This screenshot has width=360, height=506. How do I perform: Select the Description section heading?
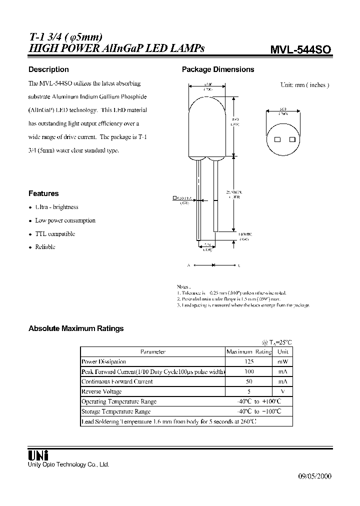(x=48, y=69)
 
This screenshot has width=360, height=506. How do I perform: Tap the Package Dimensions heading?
(x=217, y=69)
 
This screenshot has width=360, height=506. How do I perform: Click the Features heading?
(x=43, y=193)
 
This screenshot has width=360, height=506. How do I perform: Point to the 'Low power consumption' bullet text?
(x=65, y=220)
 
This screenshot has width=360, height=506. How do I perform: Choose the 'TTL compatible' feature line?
(x=55, y=234)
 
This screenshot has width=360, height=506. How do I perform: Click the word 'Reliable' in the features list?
(x=45, y=247)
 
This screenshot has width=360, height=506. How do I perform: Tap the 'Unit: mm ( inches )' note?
(x=304, y=85)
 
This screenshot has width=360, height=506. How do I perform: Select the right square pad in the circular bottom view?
(x=291, y=139)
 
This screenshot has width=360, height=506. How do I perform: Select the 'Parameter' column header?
(x=152, y=351)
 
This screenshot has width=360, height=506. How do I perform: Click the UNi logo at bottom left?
(x=38, y=455)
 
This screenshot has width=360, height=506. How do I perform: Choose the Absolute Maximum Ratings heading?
(x=76, y=328)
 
